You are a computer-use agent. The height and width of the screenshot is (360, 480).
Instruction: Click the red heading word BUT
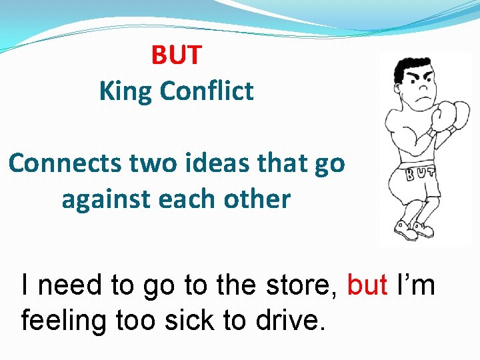point(176,55)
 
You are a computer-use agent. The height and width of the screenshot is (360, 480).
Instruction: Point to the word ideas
point(217,163)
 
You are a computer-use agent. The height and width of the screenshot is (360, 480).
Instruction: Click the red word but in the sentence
point(368,285)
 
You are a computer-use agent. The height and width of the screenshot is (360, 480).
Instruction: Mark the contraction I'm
point(415,285)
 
